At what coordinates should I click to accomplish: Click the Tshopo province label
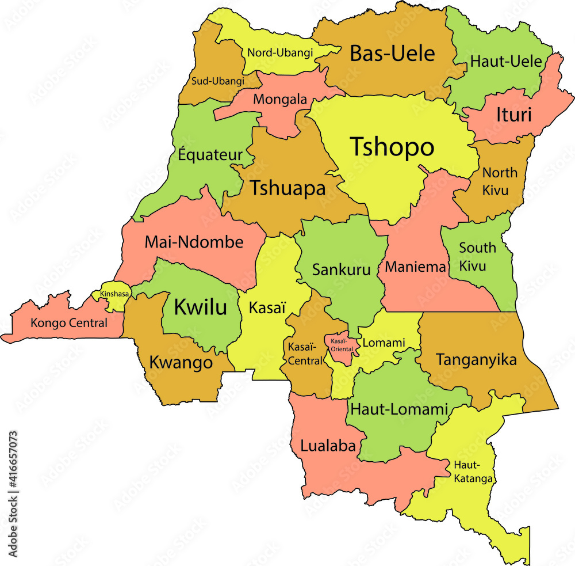[x=392, y=147]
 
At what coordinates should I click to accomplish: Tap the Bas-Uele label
[x=392, y=54]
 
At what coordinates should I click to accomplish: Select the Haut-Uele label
[x=505, y=61]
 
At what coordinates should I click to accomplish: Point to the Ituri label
[x=513, y=115]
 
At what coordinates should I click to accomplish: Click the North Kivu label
[x=499, y=181]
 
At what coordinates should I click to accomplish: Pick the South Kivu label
[x=477, y=257]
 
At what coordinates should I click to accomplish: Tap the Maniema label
[x=415, y=267]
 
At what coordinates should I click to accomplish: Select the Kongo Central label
[x=69, y=323]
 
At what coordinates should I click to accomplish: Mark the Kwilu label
[x=200, y=306]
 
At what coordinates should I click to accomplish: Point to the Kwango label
[x=181, y=362]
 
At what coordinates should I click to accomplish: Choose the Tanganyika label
[x=476, y=360]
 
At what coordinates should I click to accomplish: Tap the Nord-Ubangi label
[x=280, y=52]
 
